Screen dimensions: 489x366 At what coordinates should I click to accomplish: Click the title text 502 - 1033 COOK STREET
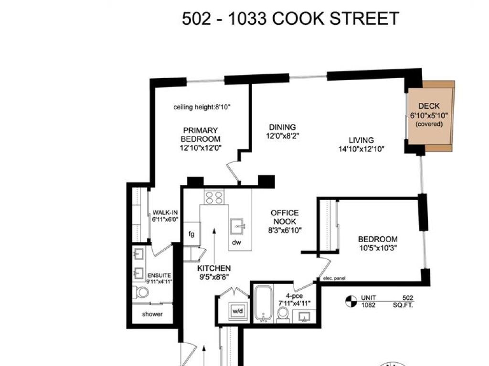click(290, 19)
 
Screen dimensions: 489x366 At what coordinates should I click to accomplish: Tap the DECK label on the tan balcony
click(429, 106)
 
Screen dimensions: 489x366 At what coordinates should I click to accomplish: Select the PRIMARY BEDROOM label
click(201, 134)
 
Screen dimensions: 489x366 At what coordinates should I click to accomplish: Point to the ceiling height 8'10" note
click(202, 107)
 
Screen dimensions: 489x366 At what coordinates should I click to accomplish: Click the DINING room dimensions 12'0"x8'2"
click(283, 136)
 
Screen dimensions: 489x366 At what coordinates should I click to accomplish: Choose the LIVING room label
click(361, 141)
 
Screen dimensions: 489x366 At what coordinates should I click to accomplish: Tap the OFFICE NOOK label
click(285, 217)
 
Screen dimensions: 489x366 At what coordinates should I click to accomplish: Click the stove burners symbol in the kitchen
click(214, 197)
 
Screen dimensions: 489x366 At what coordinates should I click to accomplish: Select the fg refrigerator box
click(192, 234)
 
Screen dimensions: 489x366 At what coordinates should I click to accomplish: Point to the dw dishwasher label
click(236, 243)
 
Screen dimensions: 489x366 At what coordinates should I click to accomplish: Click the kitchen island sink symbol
click(237, 226)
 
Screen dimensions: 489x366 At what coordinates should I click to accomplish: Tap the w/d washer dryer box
click(238, 311)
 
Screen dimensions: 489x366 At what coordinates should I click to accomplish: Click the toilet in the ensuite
click(140, 293)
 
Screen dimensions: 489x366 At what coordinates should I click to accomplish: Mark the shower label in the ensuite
click(152, 314)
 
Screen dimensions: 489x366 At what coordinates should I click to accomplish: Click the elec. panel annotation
click(334, 278)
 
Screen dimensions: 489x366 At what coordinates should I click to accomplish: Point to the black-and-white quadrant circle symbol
click(351, 301)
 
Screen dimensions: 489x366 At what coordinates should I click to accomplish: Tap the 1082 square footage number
click(368, 305)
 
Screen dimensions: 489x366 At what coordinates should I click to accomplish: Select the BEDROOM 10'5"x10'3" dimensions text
click(378, 248)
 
